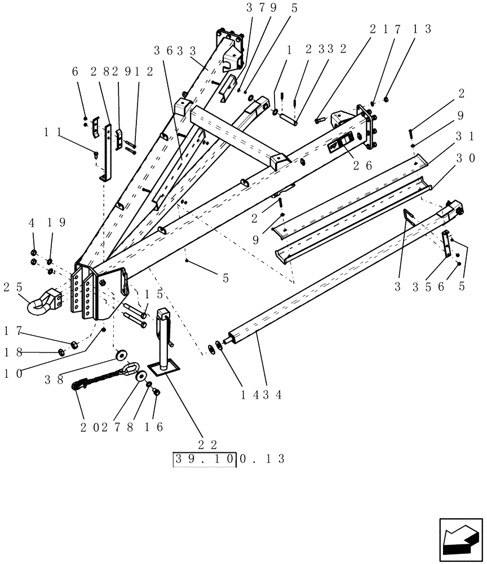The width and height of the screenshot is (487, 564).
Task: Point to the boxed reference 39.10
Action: [205, 459]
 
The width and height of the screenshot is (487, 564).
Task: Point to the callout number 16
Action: [152, 427]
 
